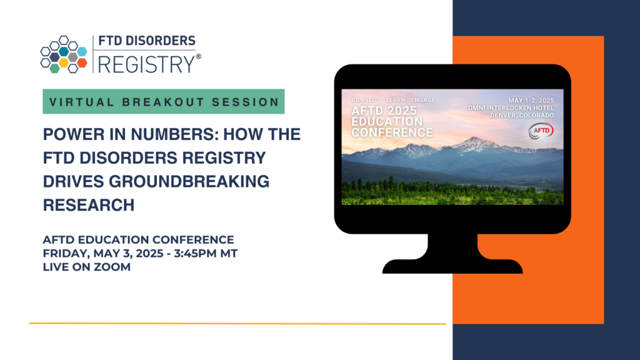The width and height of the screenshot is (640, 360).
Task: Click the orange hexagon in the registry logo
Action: (82, 63)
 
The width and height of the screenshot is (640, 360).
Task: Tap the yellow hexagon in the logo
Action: (64, 63)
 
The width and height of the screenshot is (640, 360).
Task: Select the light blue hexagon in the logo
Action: (82, 51)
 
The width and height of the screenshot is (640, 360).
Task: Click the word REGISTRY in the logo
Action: (146, 64)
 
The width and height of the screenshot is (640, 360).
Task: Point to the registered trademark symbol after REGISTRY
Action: (198, 57)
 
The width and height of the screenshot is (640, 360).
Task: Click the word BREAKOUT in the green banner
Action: (162, 102)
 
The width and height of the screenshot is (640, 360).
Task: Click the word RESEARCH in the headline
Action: (89, 205)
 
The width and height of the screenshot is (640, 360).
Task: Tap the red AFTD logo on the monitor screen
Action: (541, 131)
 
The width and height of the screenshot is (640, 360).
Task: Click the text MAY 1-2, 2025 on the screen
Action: (531, 101)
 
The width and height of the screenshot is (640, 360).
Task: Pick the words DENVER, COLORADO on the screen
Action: (522, 116)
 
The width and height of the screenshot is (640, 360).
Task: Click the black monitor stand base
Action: (452, 266)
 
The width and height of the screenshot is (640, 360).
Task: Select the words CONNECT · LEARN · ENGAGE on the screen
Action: (393, 100)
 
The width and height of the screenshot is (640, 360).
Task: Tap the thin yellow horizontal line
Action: (237, 324)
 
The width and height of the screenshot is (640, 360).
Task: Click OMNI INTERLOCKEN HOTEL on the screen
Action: (511, 107)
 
